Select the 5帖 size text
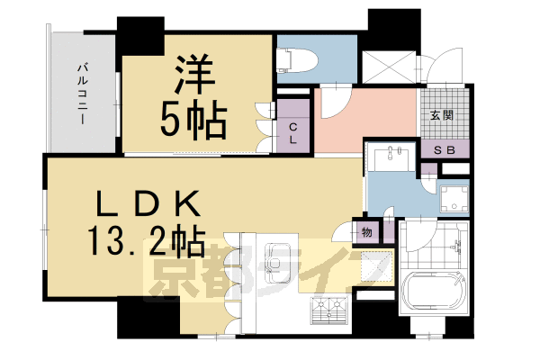(x=194, y=121)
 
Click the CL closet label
(x=294, y=131)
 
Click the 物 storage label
(x=366, y=232)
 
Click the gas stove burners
(x=328, y=311)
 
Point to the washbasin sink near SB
(x=391, y=155)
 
